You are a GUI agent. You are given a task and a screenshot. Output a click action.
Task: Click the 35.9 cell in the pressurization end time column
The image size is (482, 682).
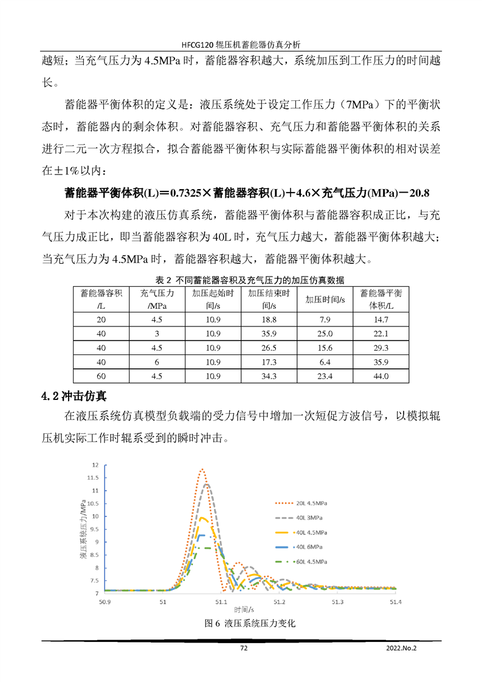coord(269,334)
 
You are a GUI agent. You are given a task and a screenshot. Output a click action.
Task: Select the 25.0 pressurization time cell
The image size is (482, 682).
coord(325,334)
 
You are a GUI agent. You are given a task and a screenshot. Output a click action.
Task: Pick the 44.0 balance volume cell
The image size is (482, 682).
coord(381,377)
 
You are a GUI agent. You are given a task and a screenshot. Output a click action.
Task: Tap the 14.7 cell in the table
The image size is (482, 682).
coord(381,319)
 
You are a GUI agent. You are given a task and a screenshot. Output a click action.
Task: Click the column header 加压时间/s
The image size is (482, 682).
coord(325,299)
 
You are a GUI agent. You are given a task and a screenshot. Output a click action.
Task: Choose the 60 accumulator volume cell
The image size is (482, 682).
coord(101,377)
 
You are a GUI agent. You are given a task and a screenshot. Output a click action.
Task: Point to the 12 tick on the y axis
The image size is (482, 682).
coord(95,465)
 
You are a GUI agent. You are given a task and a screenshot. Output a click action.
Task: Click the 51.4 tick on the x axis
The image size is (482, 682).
coord(395,602)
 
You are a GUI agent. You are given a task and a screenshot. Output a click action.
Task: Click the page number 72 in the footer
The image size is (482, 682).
coord(244,648)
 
